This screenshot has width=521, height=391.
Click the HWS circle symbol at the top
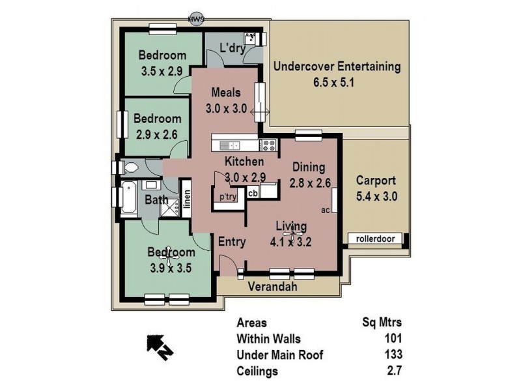[196, 20]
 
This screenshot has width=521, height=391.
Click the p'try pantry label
[227, 196]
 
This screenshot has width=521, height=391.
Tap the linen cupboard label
[187, 199]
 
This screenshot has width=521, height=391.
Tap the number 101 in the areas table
[392, 338]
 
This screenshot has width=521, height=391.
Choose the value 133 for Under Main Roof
[392, 355]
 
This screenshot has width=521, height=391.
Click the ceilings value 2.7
[395, 371]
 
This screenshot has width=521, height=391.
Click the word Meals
[226, 93]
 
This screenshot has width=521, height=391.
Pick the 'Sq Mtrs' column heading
[382, 322]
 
